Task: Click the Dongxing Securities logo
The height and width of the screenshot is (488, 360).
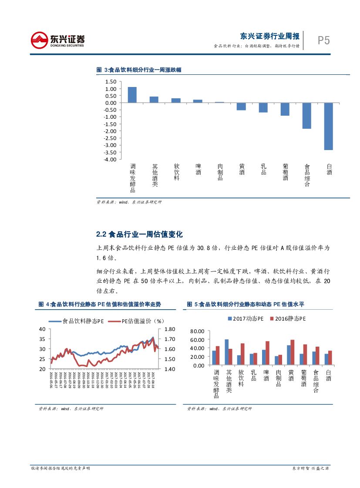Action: coord(57,40)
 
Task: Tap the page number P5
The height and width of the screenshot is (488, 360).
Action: coord(323,40)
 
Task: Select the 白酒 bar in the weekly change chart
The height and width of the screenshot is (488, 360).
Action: coord(329,126)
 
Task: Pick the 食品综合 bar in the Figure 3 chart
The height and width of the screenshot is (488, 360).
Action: coord(307,116)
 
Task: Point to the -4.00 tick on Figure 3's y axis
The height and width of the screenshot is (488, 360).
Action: coord(110,159)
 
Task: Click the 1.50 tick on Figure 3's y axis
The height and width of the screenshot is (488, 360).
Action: coord(111,82)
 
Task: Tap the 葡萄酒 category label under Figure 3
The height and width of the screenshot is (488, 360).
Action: coord(286,172)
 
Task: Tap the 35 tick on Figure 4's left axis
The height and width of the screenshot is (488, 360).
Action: coord(42,339)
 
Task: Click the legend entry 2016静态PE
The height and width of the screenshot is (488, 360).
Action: coord(290,319)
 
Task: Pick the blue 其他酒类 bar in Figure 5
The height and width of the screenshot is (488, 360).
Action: coord(226,352)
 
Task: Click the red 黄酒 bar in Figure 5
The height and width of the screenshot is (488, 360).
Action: coord(292,352)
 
